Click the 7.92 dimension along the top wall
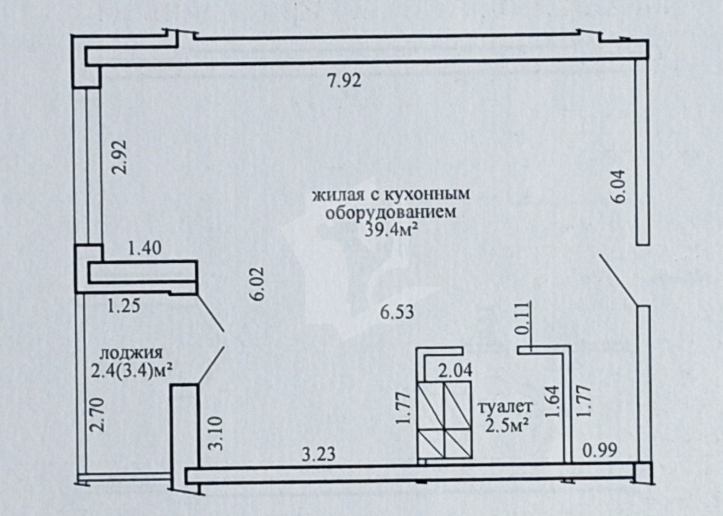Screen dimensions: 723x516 click(344, 81)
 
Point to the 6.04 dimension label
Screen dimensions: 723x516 click(617, 186)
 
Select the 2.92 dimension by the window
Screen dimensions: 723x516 click(120, 157)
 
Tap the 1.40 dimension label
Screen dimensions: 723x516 click(145, 248)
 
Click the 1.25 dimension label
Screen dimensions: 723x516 click(124, 305)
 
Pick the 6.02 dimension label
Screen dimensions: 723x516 click(258, 284)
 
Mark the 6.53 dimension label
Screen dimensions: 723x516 click(397, 312)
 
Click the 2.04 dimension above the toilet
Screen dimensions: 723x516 click(455, 371)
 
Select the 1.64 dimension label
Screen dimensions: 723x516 click(552, 401)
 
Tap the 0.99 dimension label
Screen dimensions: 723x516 click(600, 450)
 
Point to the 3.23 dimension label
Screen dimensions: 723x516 click(318, 454)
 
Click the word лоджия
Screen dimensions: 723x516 click(132, 353)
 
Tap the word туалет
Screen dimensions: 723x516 click(505, 407)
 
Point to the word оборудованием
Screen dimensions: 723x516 click(391, 212)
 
